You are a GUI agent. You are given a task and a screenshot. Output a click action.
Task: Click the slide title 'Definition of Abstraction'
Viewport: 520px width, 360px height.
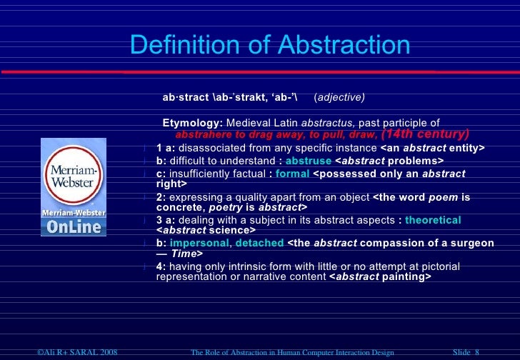tap(270, 46)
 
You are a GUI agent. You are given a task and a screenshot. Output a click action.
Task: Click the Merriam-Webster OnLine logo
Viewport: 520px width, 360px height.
tap(73, 187)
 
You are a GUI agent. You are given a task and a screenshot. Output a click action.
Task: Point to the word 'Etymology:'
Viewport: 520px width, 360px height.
tap(193, 122)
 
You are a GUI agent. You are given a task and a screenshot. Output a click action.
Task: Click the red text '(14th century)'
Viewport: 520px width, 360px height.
tap(426, 134)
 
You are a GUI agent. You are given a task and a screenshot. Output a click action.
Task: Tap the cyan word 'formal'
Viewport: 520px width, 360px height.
tap(292, 174)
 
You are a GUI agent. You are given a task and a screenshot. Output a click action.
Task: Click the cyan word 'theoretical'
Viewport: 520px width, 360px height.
tap(433, 220)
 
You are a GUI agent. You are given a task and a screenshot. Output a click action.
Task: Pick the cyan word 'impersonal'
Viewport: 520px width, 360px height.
tap(198, 243)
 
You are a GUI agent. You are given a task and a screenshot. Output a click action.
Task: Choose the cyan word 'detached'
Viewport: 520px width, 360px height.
tap(259, 243)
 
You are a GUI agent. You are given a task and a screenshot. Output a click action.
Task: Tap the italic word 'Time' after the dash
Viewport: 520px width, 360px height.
tap(184, 254)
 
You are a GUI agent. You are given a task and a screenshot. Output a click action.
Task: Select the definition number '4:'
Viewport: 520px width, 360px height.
tap(161, 266)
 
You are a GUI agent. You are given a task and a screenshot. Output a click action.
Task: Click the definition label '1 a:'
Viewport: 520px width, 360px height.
tap(166, 148)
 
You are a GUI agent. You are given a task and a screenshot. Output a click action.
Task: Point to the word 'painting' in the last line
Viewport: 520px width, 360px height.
tap(406, 277)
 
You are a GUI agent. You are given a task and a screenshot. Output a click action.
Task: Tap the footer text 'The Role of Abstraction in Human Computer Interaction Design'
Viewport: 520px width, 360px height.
tap(293, 352)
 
